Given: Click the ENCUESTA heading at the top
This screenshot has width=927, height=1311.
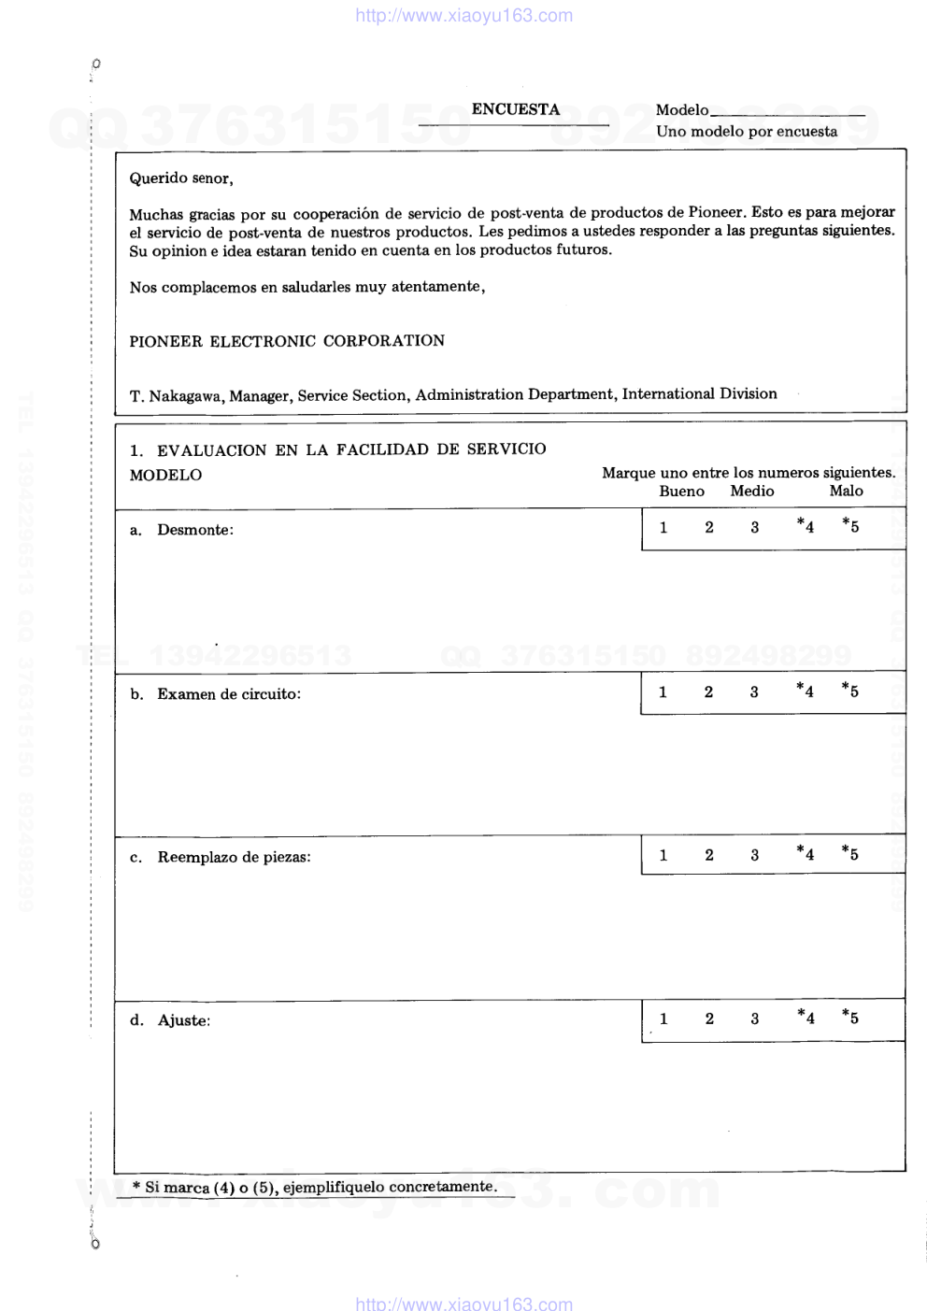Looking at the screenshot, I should [x=515, y=109].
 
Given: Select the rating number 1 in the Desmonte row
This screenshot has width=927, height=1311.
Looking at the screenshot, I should [x=663, y=528].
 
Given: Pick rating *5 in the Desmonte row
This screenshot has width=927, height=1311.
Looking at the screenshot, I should [x=850, y=526].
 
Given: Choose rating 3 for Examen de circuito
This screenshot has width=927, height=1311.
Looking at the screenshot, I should [x=754, y=692].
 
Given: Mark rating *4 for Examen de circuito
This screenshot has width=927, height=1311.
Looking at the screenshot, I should [x=805, y=691].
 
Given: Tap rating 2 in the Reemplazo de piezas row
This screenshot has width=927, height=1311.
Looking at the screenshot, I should [x=709, y=855].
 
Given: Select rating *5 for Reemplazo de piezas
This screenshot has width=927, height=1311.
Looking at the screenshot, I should [x=850, y=853].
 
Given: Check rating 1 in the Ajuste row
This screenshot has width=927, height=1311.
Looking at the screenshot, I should [x=663, y=1019].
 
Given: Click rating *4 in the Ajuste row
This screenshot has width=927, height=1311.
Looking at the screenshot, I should [x=806, y=1018].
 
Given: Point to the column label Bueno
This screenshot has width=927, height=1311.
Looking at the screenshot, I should [x=682, y=492].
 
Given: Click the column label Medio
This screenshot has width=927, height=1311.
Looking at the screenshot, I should [x=752, y=492].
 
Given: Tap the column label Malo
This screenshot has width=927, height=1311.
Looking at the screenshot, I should [x=847, y=492].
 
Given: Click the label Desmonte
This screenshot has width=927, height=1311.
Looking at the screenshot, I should [x=195, y=530].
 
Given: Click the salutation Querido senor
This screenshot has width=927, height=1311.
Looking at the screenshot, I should [x=181, y=178].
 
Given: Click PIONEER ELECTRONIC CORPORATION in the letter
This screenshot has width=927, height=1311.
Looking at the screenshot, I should [x=287, y=341].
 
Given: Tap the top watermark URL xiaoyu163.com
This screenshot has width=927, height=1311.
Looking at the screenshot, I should [x=464, y=15].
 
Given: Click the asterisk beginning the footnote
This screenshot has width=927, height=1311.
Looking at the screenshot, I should [x=136, y=1187].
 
